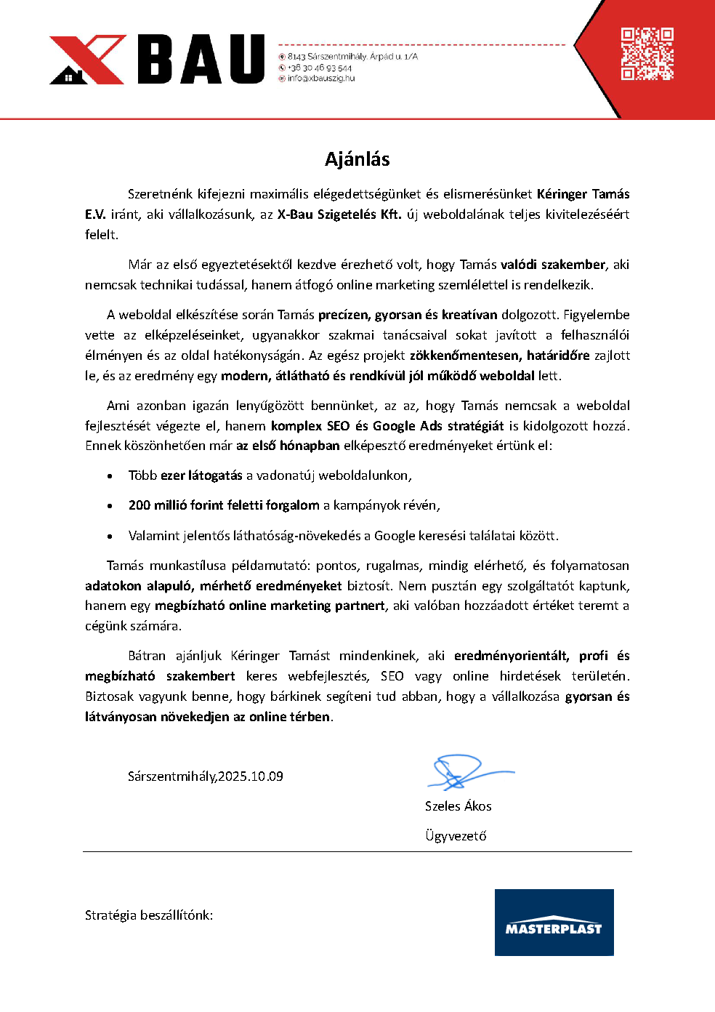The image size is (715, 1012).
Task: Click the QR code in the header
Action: point(647,54)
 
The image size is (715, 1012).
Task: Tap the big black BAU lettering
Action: point(201,59)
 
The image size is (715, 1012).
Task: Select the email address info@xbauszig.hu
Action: point(320,79)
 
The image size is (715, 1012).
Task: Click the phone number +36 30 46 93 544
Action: point(319,68)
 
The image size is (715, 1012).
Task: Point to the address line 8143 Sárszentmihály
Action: point(352,56)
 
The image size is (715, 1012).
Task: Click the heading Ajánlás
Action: point(357,159)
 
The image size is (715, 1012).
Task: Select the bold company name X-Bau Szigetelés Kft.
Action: point(339,214)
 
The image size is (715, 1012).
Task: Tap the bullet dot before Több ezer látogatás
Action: point(110,476)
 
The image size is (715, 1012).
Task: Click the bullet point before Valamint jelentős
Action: point(110,537)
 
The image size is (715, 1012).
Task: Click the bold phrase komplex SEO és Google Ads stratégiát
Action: point(387,426)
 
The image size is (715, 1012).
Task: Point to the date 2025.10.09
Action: point(251,776)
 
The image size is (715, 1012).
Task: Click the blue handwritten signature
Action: point(465,772)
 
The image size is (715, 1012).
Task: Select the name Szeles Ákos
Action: point(458,806)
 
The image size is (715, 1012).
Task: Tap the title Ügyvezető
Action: point(456,836)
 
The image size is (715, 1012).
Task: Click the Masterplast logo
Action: point(554,922)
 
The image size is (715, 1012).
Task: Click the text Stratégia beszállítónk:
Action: point(149,915)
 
